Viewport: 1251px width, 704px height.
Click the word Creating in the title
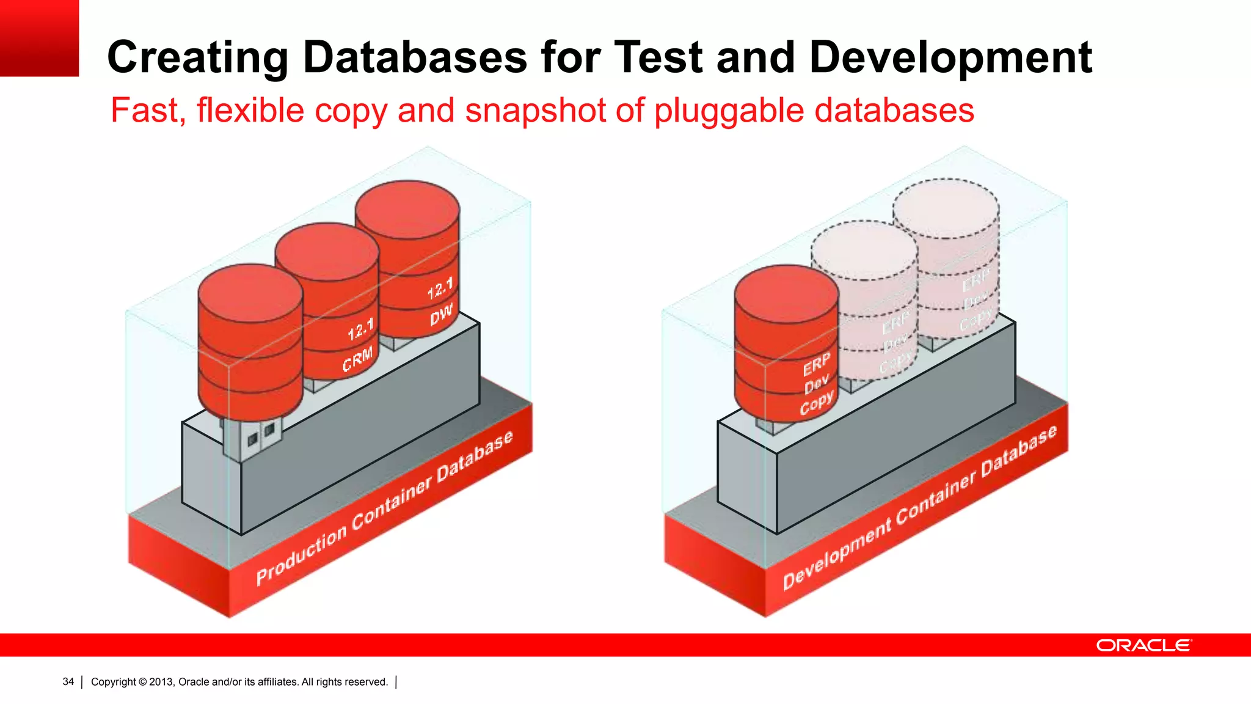coord(197,58)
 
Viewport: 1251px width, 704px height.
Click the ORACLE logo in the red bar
coord(1143,645)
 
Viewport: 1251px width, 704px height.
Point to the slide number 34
coord(68,681)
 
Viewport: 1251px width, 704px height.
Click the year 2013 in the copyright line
coord(161,681)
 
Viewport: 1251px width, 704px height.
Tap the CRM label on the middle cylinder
coord(357,359)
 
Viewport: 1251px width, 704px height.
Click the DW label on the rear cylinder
coord(441,315)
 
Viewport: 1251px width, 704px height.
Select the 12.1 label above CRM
coord(360,330)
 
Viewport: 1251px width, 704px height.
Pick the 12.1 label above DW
coord(440,288)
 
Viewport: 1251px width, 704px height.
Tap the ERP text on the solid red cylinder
coord(816,364)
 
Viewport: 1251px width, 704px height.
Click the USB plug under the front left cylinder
coord(252,437)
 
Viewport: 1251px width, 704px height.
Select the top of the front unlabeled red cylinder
coord(250,291)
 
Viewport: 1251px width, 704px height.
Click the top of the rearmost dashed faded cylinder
coord(946,208)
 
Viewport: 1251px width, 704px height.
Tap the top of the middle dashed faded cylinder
coord(864,249)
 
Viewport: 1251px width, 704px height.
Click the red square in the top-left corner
coord(39,38)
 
